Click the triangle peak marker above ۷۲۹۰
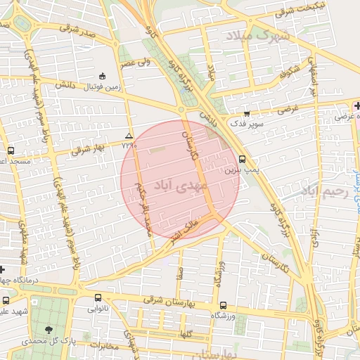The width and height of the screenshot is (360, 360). [128, 135]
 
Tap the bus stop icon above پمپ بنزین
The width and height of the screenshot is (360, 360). [243, 159]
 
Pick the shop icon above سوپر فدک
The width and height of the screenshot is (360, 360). [247, 114]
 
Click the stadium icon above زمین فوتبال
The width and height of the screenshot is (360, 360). [103, 76]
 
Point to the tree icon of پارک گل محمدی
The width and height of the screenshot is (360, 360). [49, 329]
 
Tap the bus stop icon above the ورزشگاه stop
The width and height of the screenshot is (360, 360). [223, 306]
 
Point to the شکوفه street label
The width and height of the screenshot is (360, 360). [292, 73]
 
